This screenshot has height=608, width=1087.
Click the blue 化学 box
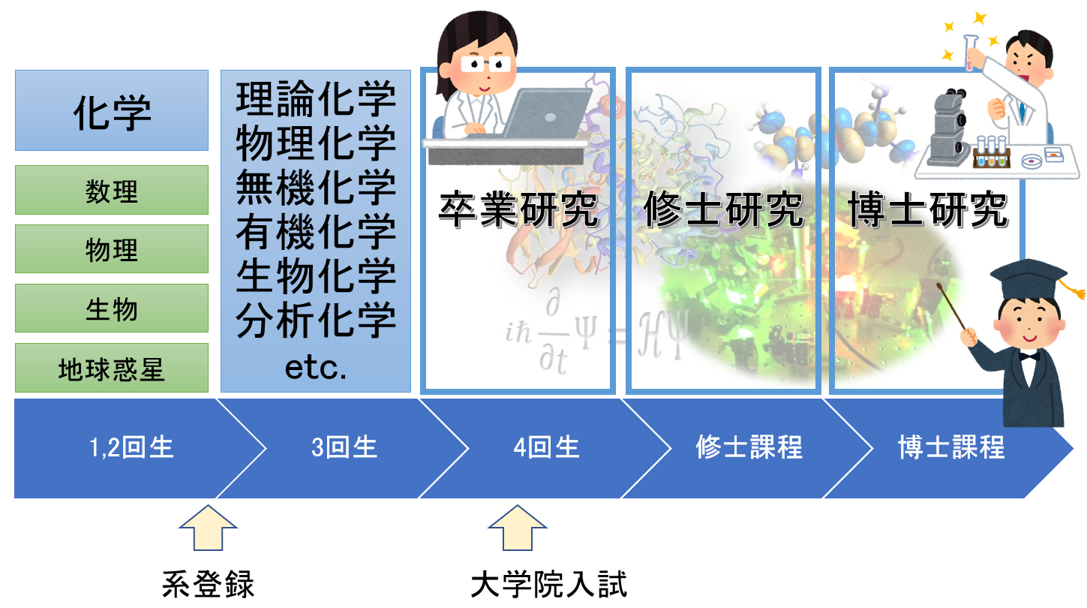coord(112,110)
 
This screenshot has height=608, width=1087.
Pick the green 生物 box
coord(112,308)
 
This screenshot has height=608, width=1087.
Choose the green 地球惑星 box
coord(112,368)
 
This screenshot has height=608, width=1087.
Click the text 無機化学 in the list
coord(316,188)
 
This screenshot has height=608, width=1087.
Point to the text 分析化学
coord(316,321)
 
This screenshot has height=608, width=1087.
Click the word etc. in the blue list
coord(316,368)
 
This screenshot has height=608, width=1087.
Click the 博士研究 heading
coord(928,211)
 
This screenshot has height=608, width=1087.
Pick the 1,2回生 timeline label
coord(131,448)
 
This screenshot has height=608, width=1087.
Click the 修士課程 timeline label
coord(749,448)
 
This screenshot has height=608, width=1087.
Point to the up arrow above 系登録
coord(208,530)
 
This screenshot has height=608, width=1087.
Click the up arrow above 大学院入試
coord(518,530)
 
